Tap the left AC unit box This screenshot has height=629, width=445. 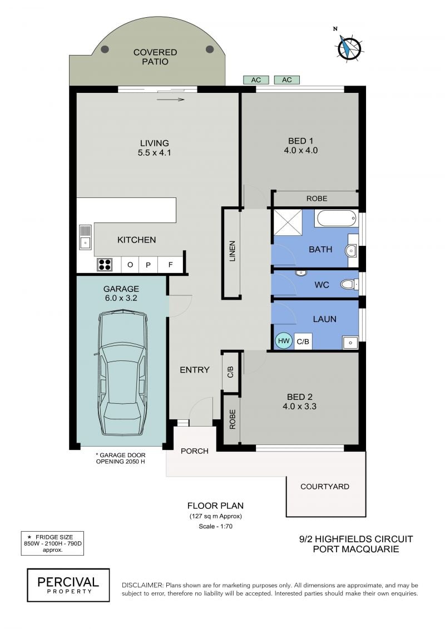pyautogui.click(x=256, y=80)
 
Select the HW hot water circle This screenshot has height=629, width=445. pyautogui.click(x=284, y=341)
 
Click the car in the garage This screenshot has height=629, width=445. pyautogui.click(x=123, y=373)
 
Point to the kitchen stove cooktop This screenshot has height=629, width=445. pyautogui.click(x=105, y=264)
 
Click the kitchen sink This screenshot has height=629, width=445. pyautogui.click(x=85, y=237)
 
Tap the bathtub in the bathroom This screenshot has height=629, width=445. pyautogui.click(x=337, y=219)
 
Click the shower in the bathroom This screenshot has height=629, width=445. pyautogui.click(x=288, y=222)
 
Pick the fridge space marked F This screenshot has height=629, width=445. pyautogui.click(x=170, y=265)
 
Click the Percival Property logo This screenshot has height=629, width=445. pyautogui.click(x=68, y=585)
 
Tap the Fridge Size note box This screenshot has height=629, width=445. pyautogui.click(x=52, y=543)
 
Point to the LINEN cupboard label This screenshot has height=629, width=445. pyautogui.click(x=232, y=251)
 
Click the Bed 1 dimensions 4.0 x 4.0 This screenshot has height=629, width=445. pyautogui.click(x=300, y=150)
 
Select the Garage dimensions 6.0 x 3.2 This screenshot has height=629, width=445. pyautogui.click(x=121, y=298)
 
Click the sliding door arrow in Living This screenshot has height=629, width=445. pyautogui.click(x=171, y=100)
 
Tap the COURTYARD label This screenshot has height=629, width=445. pyautogui.click(x=325, y=487)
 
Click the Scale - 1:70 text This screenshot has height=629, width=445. pyautogui.click(x=215, y=526)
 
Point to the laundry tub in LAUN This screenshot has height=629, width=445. pyautogui.click(x=350, y=343)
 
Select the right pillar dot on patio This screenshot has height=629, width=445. pyautogui.click(x=210, y=49)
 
